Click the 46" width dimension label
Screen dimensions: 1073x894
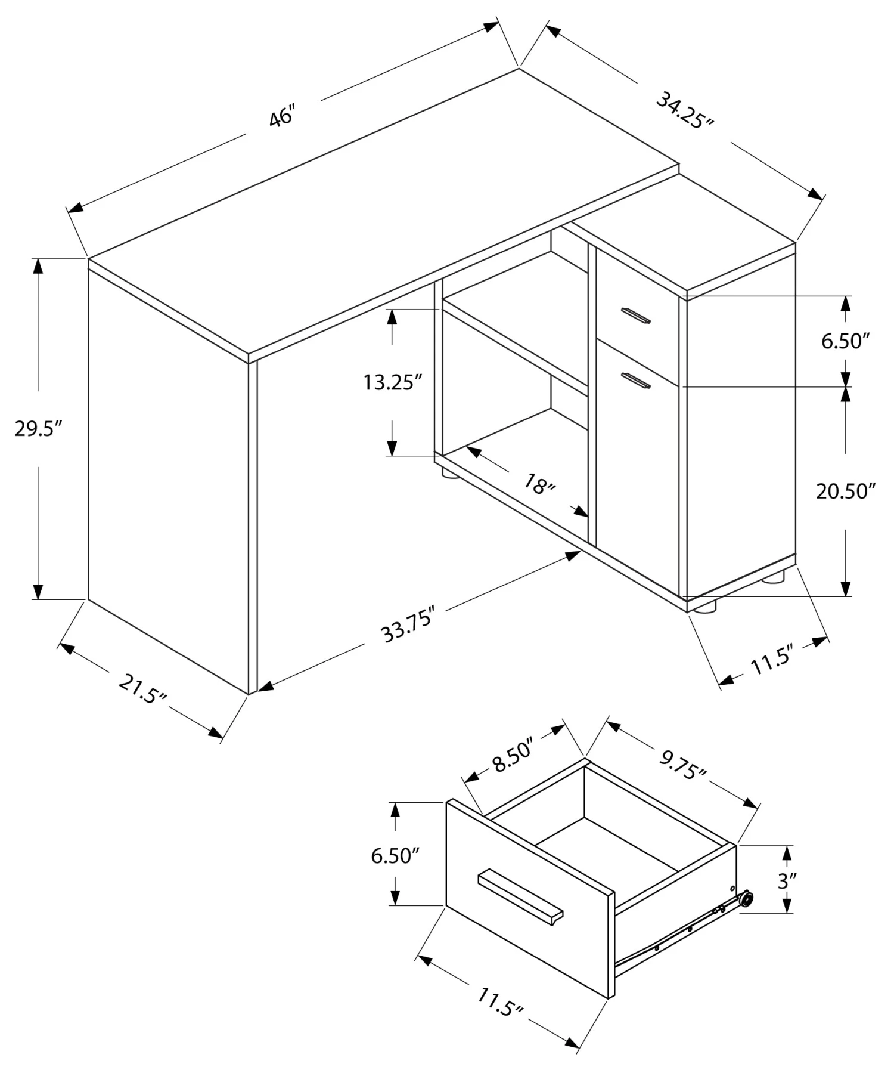[282, 116]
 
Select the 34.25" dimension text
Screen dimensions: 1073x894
[684, 110]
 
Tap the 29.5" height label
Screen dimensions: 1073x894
[38, 428]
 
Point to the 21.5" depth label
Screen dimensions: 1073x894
[144, 688]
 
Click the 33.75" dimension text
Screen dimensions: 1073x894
[406, 624]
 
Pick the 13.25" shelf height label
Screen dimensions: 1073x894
[392, 382]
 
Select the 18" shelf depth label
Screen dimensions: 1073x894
[539, 484]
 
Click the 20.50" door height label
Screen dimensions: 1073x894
[845, 491]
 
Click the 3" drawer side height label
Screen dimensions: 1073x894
[787, 881]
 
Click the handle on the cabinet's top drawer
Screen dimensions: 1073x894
[635, 316]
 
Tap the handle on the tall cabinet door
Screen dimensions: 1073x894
[635, 380]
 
